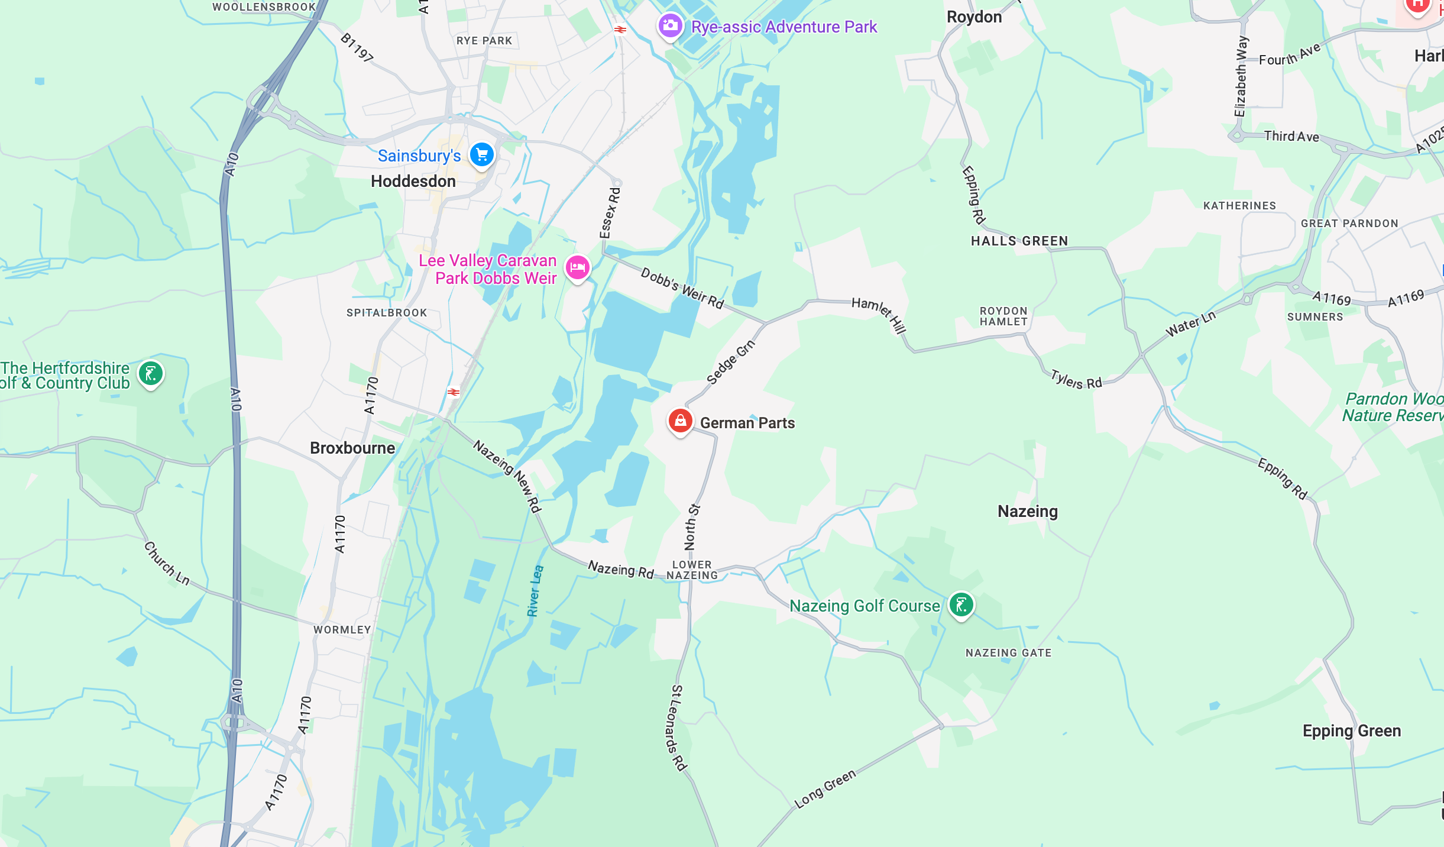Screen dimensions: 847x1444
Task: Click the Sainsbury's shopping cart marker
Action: point(482,155)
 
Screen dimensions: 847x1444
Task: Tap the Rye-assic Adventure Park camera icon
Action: point(670,25)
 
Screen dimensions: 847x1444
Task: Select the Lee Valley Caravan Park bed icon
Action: point(578,268)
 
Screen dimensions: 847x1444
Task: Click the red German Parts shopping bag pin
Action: point(680,421)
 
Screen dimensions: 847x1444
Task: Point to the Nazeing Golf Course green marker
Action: point(961,604)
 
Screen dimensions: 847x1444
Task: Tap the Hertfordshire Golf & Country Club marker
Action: point(151,374)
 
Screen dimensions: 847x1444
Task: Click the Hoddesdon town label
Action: point(413,181)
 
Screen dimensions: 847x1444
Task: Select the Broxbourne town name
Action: point(352,448)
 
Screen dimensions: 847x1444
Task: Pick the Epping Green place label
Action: point(1352,730)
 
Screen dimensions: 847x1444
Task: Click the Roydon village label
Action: point(974,17)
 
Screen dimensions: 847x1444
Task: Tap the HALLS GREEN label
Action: point(1019,241)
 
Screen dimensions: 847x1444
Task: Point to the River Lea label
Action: point(535,591)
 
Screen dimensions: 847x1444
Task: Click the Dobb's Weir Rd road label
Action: point(682,288)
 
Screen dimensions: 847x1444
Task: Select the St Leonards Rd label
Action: point(678,728)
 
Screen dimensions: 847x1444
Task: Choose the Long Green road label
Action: point(825,789)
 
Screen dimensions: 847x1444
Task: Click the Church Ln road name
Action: point(167,564)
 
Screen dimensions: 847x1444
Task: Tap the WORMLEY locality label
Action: point(342,629)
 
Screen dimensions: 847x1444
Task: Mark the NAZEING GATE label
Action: point(1008,652)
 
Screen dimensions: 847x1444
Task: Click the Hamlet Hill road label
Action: point(879,314)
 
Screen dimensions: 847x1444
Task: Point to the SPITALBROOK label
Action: point(387,312)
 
